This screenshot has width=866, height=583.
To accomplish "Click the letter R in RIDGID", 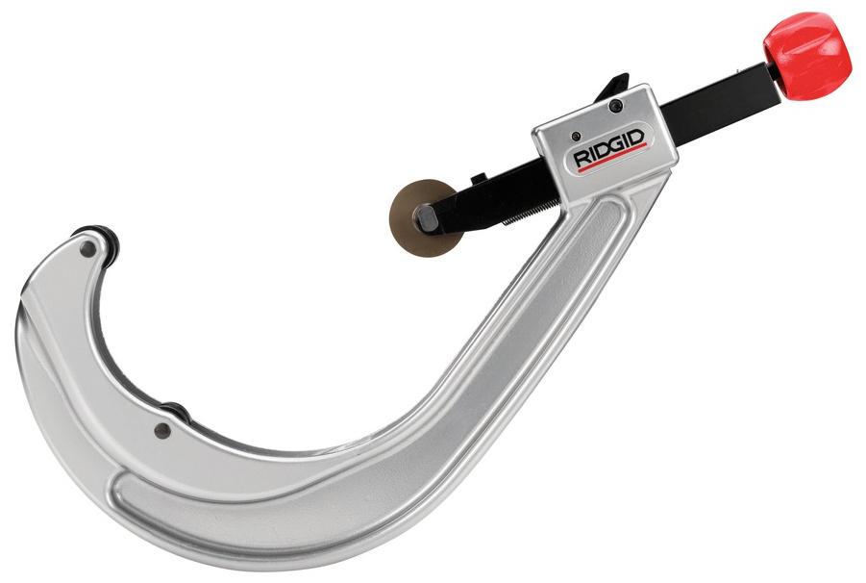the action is (x=580, y=159).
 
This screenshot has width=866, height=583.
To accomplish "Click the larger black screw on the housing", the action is (x=616, y=105).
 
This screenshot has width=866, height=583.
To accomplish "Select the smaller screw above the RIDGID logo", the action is (x=576, y=136).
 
